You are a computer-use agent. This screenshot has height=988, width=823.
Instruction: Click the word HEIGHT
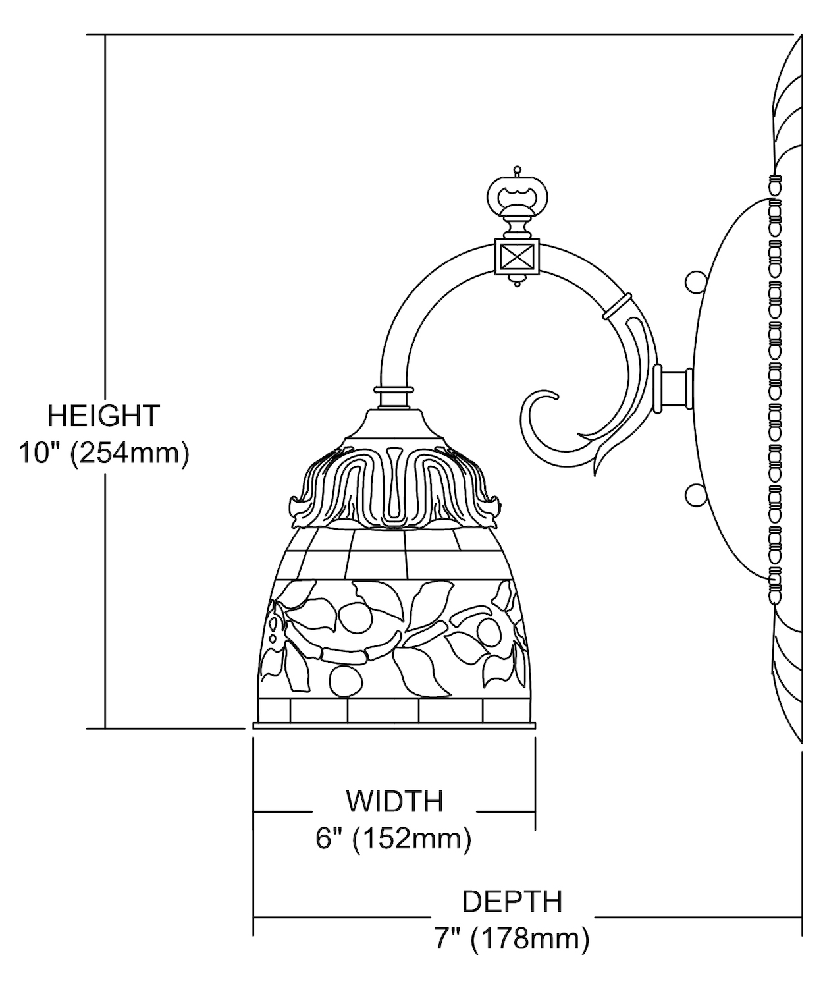pyautogui.click(x=103, y=416)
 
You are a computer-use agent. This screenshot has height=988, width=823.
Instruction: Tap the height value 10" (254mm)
pyautogui.click(x=104, y=453)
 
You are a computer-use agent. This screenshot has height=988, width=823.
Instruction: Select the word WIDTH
pyautogui.click(x=394, y=802)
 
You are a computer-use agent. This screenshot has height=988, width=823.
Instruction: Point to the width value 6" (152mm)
pyautogui.click(x=394, y=839)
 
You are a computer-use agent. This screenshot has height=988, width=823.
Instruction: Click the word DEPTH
pyautogui.click(x=512, y=902)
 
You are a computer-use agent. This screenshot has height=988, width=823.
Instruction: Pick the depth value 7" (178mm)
pyautogui.click(x=512, y=939)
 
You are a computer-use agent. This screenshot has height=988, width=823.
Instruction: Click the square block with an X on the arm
pyautogui.click(x=517, y=257)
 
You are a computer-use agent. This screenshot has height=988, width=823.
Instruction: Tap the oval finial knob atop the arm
pyautogui.click(x=517, y=195)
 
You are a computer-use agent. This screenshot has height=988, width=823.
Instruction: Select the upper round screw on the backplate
pyautogui.click(x=695, y=282)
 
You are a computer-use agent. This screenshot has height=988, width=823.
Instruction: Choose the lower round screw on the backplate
pyautogui.click(x=695, y=495)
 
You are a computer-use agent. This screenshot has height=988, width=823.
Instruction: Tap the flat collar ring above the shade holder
pyautogui.click(x=394, y=389)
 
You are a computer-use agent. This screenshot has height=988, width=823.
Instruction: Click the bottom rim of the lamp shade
pyautogui.click(x=394, y=725)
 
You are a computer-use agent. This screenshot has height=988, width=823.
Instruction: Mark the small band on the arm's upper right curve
pyautogui.click(x=616, y=307)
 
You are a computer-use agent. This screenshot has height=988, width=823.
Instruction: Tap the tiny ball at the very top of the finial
pyautogui.click(x=517, y=169)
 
